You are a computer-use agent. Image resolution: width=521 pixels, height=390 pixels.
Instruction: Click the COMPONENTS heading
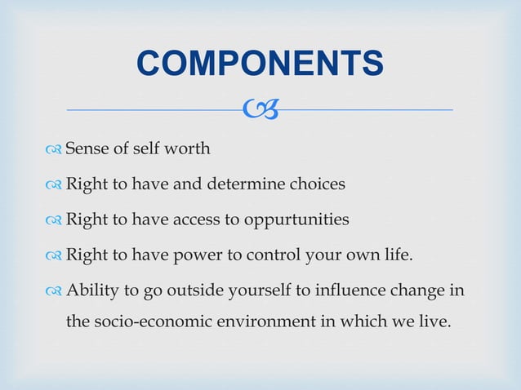[260, 64]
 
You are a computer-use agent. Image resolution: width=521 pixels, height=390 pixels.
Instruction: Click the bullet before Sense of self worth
[55, 149]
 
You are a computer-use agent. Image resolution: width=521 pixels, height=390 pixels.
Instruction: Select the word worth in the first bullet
[190, 148]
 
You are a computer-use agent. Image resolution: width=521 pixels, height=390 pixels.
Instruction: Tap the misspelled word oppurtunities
[303, 220]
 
